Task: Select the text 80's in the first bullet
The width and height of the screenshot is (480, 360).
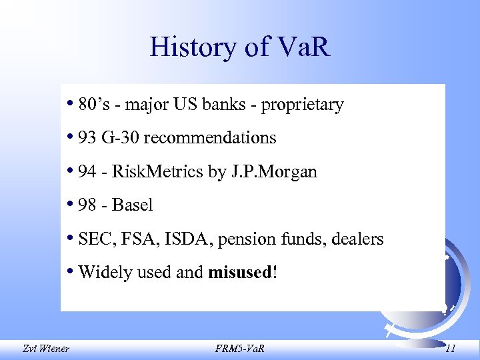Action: tap(92, 105)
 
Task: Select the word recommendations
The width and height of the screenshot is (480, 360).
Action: tap(209, 138)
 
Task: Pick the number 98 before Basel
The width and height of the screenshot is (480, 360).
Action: tap(87, 205)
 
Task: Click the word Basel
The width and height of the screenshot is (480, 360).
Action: tap(133, 205)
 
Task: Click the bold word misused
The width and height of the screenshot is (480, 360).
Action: tap(240, 272)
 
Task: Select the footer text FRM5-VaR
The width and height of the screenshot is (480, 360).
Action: tap(241, 348)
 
